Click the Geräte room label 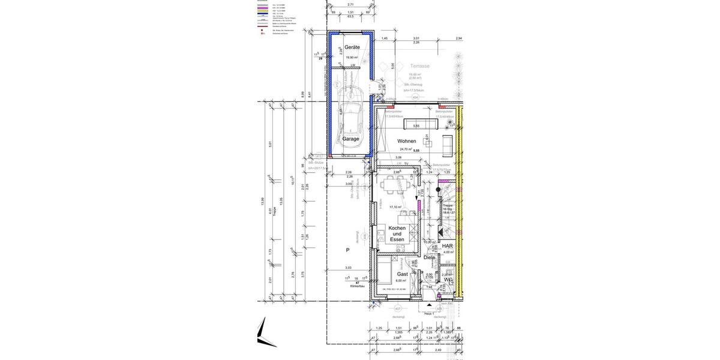(352, 47)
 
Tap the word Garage (350, 139)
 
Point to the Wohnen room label (406, 141)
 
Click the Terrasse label (419, 66)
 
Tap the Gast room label (402, 274)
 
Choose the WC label (448, 280)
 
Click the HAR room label (447, 246)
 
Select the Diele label (429, 257)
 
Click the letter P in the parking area (347, 250)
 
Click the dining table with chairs (397, 185)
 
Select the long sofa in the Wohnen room (421, 124)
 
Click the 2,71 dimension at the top (350, 4)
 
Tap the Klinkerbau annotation (358, 286)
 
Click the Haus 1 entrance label (428, 314)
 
